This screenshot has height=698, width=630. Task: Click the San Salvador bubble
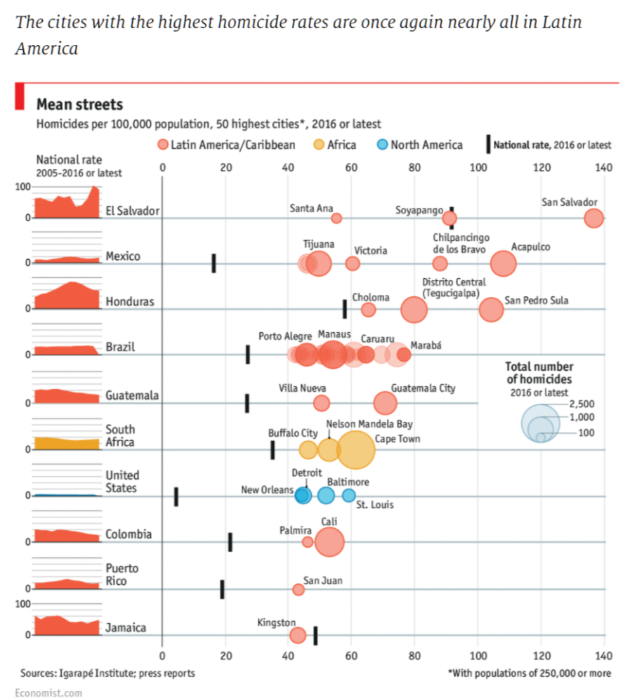coord(593,218)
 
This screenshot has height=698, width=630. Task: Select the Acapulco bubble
coord(503,263)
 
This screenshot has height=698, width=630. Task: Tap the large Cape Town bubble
coord(355,450)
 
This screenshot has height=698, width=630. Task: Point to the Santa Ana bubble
coord(336,218)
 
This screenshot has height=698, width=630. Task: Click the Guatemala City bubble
coord(385,403)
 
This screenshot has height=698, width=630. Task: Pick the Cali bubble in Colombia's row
coord(329,542)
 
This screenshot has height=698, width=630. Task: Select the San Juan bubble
coord(298,589)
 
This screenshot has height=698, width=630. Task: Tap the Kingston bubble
coord(298,636)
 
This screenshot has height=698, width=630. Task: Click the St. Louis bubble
coord(349,495)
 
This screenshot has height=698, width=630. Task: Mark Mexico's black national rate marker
coord(214,263)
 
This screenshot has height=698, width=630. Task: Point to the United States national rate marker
coord(176,496)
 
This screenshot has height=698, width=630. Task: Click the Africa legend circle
coord(317,145)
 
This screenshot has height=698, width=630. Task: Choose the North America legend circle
coord(381,145)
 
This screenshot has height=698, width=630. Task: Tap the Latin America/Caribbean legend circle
coord(162,145)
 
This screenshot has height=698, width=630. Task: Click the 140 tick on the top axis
coord(603,167)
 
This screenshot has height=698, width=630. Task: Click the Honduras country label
coord(130,302)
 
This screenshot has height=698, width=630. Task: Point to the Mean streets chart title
coord(79,105)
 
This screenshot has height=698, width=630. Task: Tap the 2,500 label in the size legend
coord(582,404)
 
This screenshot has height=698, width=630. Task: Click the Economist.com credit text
coord(51,692)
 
